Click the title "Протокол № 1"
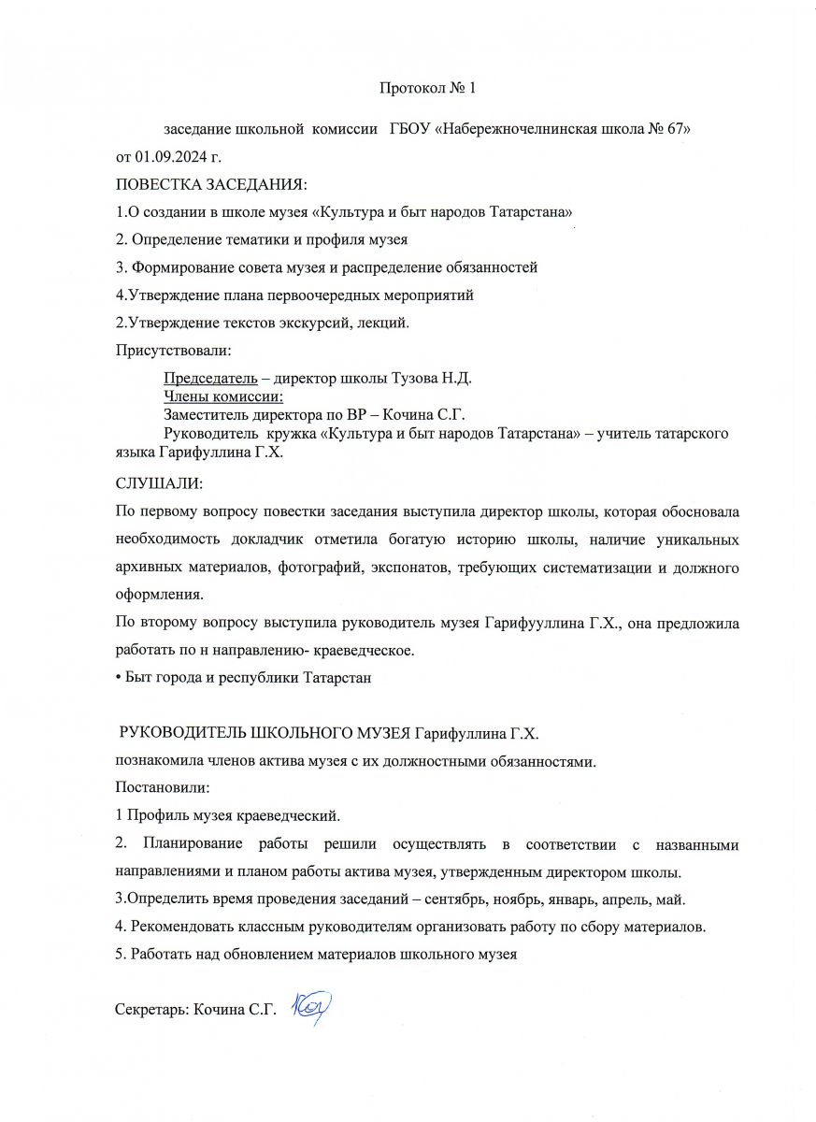pyautogui.click(x=428, y=89)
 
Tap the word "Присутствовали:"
pyautogui.click(x=172, y=351)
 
